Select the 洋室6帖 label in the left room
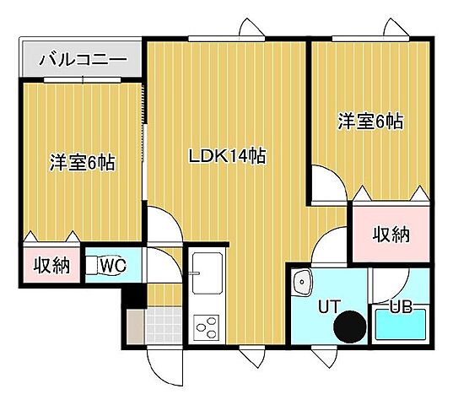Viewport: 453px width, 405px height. pyautogui.click(x=82, y=162)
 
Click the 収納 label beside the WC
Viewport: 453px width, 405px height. pyautogui.click(x=51, y=267)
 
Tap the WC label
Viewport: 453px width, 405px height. pyautogui.click(x=112, y=267)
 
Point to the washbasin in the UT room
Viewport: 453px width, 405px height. pyautogui.click(x=301, y=278)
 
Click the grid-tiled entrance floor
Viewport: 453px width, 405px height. pyautogui.click(x=162, y=324)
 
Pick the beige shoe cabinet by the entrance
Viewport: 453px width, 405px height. pyautogui.click(x=135, y=326)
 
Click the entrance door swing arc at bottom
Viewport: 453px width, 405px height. pyautogui.click(x=163, y=366)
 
